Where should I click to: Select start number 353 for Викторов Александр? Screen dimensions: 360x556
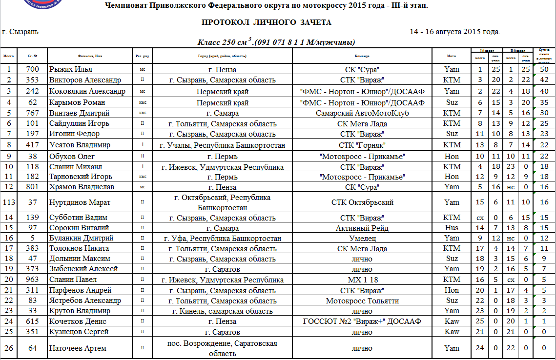[33, 80]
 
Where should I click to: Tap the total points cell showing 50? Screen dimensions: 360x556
[544, 69]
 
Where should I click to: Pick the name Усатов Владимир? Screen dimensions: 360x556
[80, 145]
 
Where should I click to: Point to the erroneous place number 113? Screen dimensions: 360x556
[9, 202]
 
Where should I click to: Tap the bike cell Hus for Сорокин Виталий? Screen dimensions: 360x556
[452, 228]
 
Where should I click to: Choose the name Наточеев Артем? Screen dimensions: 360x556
[78, 348]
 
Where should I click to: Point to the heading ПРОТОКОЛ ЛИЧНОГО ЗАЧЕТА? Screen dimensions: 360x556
[267, 22]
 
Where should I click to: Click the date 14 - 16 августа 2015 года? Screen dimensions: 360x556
[455, 32]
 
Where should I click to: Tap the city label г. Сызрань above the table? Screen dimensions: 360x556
[21, 32]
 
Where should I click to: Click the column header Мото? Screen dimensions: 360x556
[452, 56]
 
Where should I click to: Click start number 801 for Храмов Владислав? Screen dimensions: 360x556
[33, 187]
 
